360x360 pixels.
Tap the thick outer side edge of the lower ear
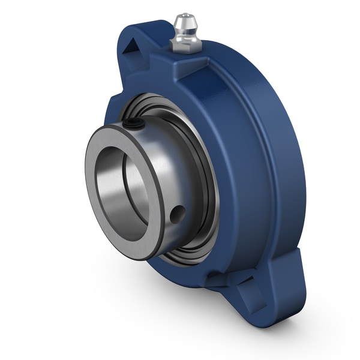(x=294, y=294)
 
